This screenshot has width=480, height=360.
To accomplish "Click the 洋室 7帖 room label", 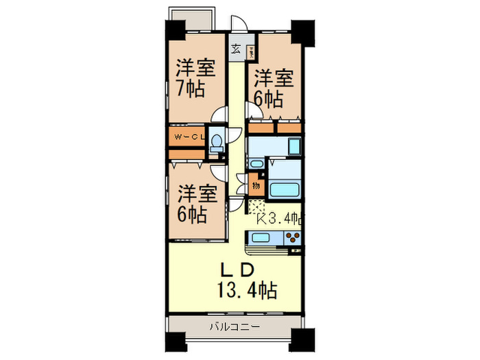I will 196,79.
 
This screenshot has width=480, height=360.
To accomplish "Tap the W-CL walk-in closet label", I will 190,138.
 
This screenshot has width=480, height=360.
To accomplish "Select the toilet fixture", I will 216,141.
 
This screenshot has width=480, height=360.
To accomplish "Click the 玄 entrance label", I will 236,49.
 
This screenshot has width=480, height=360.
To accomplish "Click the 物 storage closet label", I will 255,185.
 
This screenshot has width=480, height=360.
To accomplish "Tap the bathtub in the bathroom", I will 285,191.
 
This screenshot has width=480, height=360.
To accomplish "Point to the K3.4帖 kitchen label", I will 280,219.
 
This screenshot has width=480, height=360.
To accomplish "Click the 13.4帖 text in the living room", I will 248,291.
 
